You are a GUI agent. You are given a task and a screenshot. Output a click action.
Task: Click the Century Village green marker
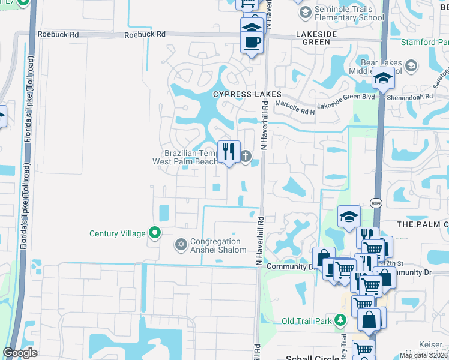(155, 233)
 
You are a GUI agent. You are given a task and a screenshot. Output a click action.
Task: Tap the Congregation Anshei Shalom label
(218, 245)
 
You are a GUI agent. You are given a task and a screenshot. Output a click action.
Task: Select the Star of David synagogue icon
(181, 244)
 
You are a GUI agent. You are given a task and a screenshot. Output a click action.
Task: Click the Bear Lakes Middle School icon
(411, 65)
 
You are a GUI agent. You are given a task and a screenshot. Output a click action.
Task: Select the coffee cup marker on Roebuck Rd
(252, 43)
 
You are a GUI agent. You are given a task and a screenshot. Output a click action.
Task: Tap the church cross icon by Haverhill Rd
(246, 157)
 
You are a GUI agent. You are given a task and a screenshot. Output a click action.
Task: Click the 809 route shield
(376, 203)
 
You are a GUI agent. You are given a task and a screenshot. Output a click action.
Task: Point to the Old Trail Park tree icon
(340, 320)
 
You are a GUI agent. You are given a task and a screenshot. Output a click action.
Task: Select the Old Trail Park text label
(307, 321)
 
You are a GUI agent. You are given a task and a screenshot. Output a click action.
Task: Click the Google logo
(20, 353)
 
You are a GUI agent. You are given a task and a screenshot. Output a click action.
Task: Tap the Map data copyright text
(424, 355)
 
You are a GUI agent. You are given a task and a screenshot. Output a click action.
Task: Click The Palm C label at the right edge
(423, 224)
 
